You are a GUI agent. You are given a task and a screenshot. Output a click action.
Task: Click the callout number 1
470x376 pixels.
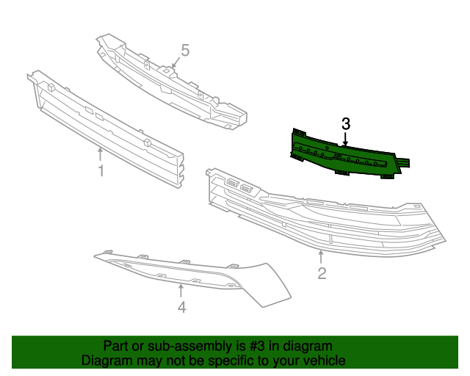pos(101,171)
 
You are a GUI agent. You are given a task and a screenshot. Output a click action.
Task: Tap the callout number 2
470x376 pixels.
pos(322,274)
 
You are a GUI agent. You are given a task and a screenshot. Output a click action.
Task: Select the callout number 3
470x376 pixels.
pos(346,124)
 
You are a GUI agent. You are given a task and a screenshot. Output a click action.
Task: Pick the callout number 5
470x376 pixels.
pos(185,51)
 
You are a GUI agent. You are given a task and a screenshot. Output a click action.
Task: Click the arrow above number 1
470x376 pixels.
pos(101,153)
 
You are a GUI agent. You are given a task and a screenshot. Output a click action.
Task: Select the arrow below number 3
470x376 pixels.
pos(346,140)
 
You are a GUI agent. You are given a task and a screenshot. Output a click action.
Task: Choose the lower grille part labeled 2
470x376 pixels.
pos(323,220)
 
